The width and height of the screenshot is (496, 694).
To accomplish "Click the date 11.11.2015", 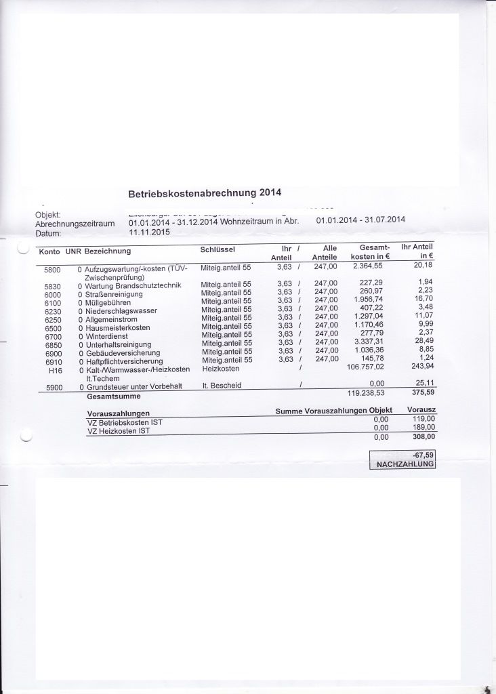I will [148, 231].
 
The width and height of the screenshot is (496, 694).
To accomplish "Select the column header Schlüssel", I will [218, 249].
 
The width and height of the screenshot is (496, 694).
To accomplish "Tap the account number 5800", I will [53, 270].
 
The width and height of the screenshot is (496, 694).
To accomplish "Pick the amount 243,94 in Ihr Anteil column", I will [420, 367].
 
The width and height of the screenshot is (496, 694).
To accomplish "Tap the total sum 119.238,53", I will [366, 392].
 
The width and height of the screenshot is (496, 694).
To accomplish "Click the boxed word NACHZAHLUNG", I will [403, 464].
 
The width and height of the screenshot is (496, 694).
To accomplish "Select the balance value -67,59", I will [421, 454].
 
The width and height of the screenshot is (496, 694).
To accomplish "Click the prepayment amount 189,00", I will [422, 428].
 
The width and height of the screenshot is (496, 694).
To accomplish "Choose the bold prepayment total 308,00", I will [422, 438].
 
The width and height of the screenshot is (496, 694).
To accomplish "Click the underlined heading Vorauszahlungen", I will [118, 413].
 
